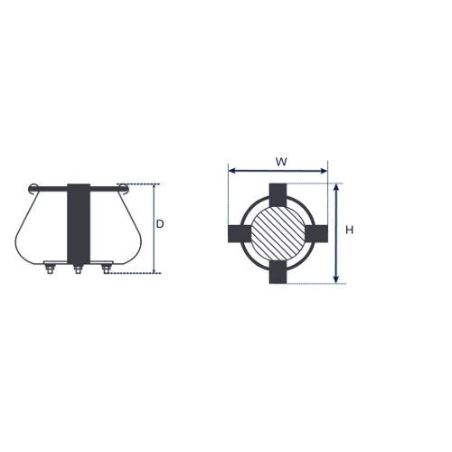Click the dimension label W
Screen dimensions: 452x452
click(281, 162)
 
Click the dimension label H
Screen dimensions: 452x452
click(349, 231)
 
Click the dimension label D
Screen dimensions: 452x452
click(160, 224)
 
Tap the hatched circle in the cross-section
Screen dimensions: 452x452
click(278, 233)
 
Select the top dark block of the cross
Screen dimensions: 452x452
click(278, 194)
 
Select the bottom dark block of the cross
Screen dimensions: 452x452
click(278, 272)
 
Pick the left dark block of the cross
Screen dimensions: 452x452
click(240, 233)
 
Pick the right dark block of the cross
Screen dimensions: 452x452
click(316, 233)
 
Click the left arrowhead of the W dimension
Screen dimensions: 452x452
click(232, 171)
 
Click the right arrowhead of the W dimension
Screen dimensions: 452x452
click(324, 171)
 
